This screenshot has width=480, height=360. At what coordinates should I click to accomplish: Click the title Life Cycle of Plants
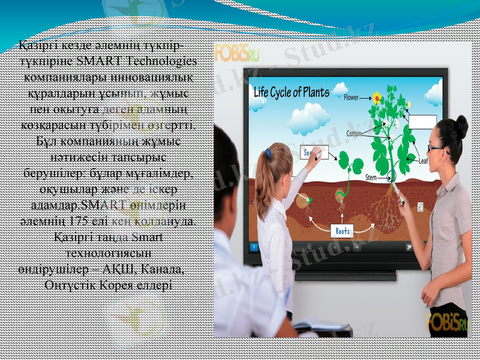[x=292, y=92]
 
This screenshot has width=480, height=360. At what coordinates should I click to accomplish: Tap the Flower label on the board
[x=356, y=97]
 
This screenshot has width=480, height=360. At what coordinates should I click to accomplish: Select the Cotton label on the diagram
[x=354, y=134]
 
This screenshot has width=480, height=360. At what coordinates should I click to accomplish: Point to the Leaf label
[x=426, y=161]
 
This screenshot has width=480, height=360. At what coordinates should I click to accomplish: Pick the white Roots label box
[x=343, y=230]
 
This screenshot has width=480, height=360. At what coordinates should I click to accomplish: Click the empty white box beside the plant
[x=422, y=121]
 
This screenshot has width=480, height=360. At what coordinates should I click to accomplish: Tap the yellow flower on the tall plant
[x=377, y=97]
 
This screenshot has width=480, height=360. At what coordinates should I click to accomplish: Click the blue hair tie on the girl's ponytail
[x=268, y=154]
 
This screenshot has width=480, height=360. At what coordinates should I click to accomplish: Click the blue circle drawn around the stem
[x=392, y=176]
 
